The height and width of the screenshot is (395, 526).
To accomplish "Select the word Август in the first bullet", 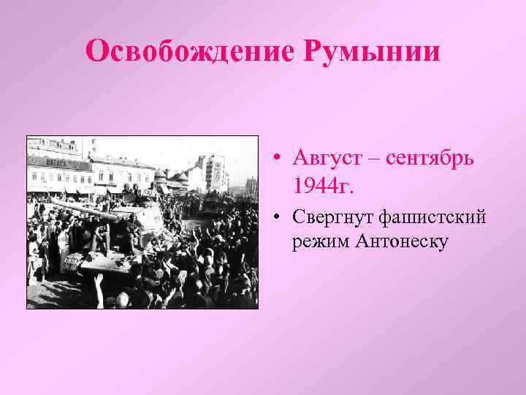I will [327, 157].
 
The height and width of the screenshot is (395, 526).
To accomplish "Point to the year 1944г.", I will [322, 186].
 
